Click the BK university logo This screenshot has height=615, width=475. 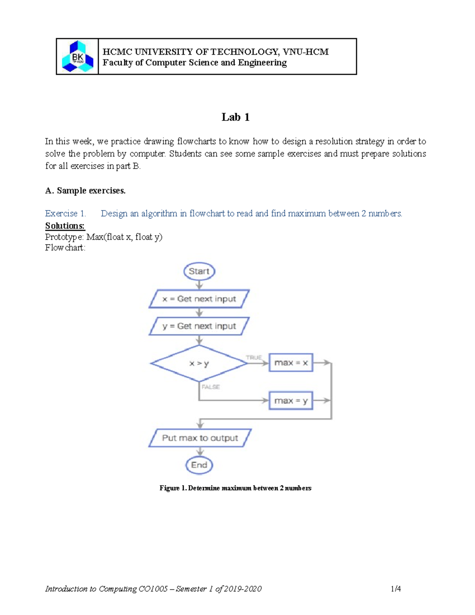coord(78,57)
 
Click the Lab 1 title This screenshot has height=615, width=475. coord(236,117)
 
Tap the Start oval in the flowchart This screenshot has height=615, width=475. coord(199,272)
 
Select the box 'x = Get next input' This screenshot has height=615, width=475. coord(199,299)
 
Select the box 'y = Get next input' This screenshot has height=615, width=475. coord(199,326)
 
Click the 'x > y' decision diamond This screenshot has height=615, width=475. coord(199,363)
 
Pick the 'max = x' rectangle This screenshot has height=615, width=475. coord(291,363)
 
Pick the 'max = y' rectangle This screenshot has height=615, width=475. coord(291,401)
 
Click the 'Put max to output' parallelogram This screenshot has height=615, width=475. coord(200,438)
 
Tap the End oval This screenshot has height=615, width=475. coord(199,465)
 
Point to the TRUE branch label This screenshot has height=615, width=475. coord(254,358)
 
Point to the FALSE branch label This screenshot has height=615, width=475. coord(211,387)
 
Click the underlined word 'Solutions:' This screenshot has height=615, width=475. coord(65,226)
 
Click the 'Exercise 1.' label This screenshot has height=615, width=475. coord(65,214)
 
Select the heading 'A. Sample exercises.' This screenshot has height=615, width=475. coord(85,191)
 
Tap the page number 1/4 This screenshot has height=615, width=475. coord(395,589)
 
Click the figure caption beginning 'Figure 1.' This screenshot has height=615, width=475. coord(235,488)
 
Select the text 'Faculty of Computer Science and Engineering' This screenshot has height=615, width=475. coord(194,63)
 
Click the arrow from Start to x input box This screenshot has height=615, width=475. coord(199,285)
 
